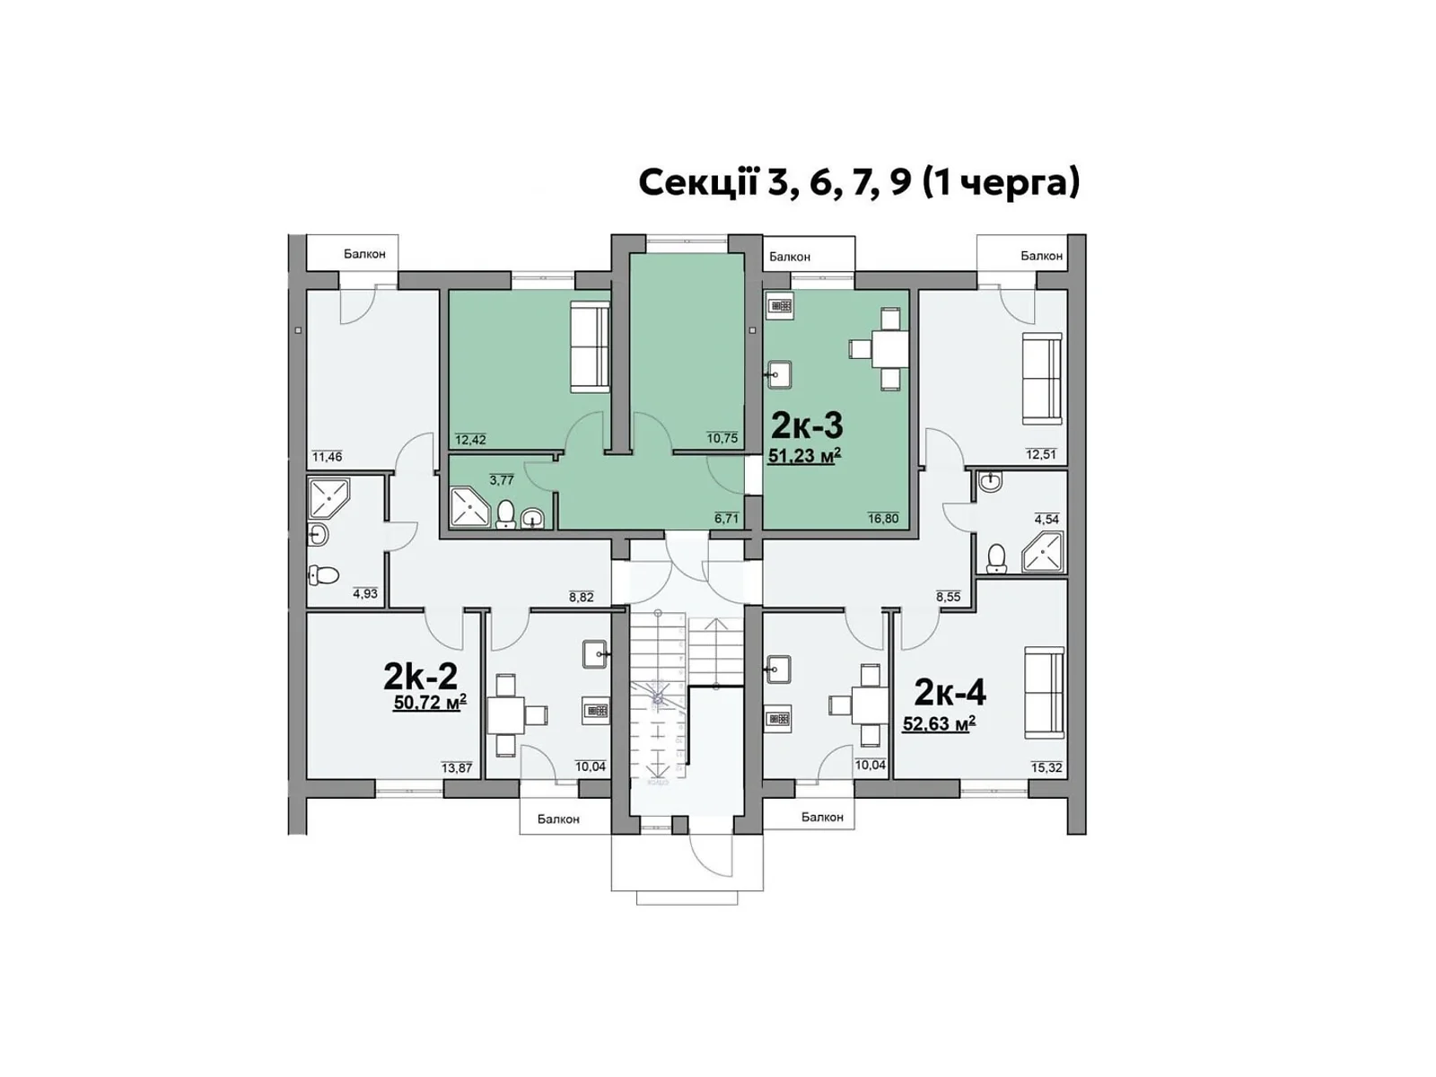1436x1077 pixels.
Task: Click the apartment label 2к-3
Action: click(807, 425)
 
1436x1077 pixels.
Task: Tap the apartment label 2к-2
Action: click(420, 676)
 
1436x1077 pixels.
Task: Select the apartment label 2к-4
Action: click(950, 693)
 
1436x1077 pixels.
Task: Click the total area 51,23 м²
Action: click(804, 456)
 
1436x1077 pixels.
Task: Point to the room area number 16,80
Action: click(883, 519)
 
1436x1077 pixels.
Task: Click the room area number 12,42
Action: click(470, 440)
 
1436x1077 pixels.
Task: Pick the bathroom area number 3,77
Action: click(502, 480)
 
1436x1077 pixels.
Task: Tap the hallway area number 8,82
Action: click(581, 597)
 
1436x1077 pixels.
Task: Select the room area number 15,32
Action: click(1046, 767)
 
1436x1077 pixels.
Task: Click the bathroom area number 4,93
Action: click(365, 594)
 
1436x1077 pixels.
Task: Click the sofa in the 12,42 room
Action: click(590, 346)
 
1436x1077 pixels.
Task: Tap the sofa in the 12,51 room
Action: click(1042, 379)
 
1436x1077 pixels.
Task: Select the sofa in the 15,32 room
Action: click(1044, 693)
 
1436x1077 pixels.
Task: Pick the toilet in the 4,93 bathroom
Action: click(323, 576)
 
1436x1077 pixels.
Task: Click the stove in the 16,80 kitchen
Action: click(781, 306)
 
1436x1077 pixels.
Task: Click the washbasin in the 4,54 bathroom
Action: click(992, 483)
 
